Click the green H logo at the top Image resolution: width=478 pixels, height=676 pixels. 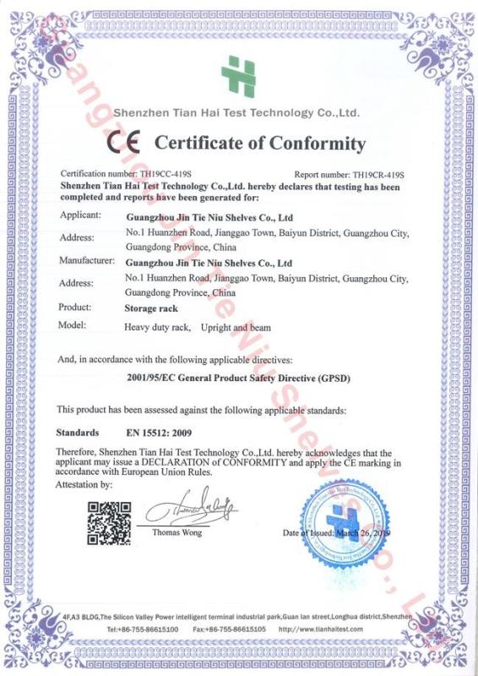tap(238, 77)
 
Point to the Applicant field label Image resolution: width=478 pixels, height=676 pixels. tap(80, 216)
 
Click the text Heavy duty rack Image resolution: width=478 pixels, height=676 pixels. tap(157, 326)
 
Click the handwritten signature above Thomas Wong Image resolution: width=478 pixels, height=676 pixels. tap(190, 512)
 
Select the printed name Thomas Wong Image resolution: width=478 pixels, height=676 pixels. tap(177, 533)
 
